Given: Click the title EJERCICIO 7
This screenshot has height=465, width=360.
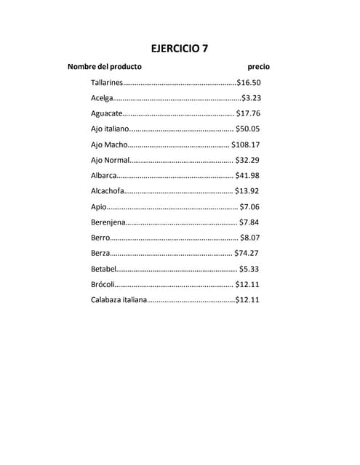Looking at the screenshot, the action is click(179, 49).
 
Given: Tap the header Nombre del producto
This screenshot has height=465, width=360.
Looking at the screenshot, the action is click(104, 67).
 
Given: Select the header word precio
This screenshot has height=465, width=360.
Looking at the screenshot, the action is click(258, 67).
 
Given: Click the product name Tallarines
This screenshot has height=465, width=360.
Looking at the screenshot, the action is click(107, 83).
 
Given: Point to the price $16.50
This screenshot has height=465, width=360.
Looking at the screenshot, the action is click(249, 83).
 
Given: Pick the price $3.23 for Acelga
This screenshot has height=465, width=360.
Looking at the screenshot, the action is click(251, 98).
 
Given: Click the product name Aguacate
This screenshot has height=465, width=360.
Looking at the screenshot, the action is click(106, 114).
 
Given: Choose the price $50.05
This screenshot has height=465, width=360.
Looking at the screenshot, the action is click(248, 129).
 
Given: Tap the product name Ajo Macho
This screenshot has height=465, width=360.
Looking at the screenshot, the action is click(109, 145).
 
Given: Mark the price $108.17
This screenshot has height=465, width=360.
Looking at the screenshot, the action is click(246, 145).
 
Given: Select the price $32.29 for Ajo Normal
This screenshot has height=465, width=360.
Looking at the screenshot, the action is click(248, 160).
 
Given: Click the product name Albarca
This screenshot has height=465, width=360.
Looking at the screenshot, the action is click(104, 176).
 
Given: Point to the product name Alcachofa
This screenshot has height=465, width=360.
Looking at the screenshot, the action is click(107, 191).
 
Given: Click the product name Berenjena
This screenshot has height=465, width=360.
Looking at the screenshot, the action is click(108, 222).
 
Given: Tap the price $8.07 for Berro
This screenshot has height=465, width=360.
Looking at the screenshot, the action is click(250, 238).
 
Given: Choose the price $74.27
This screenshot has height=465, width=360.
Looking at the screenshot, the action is click(247, 254).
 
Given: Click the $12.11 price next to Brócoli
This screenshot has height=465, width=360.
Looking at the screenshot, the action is click(248, 284).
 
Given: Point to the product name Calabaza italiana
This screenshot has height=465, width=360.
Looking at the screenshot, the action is click(119, 300).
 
